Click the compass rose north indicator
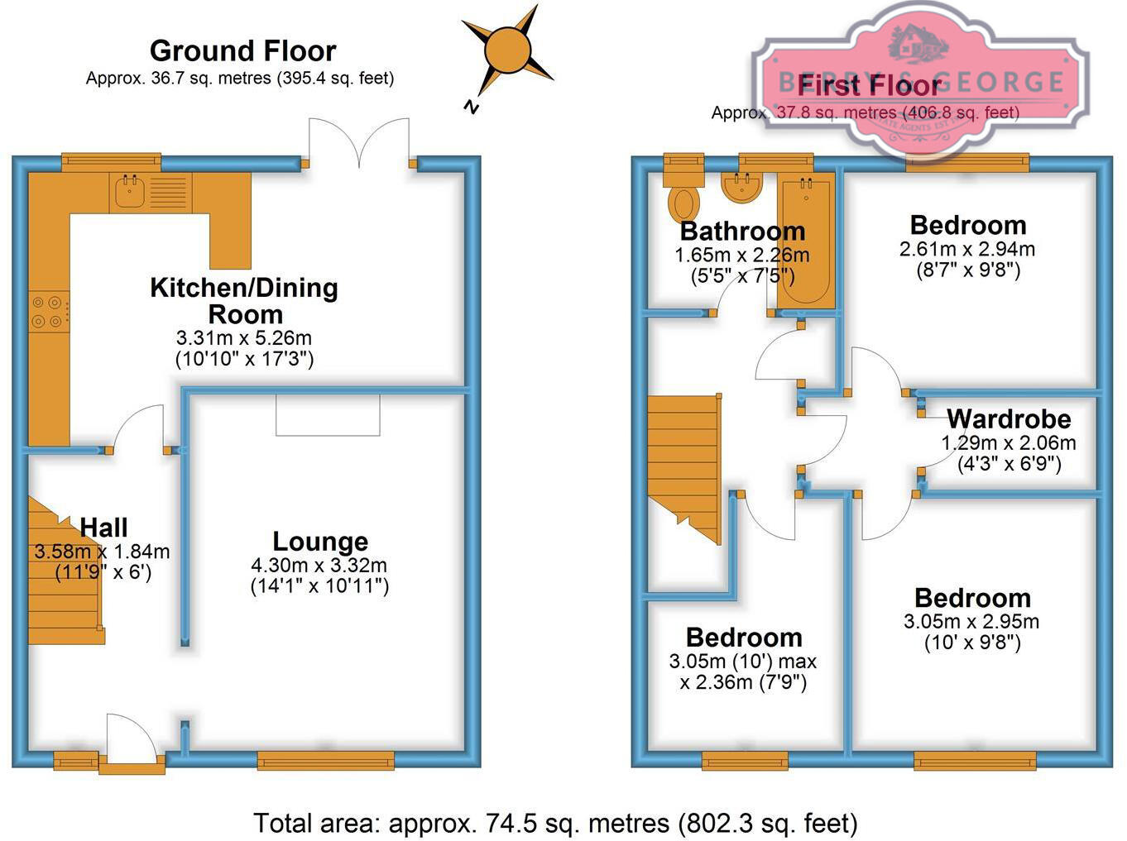(506, 52)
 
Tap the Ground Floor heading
(242, 51)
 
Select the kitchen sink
(130, 192)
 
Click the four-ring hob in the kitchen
(49, 312)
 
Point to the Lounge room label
(320, 542)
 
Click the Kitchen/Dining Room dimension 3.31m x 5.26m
(244, 338)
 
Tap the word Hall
(103, 528)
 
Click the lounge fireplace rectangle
(328, 414)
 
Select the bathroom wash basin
(741, 189)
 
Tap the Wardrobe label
(1009, 418)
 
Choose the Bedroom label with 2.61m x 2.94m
(967, 225)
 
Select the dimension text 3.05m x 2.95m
(972, 622)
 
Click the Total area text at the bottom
(555, 824)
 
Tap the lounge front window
(325, 760)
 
